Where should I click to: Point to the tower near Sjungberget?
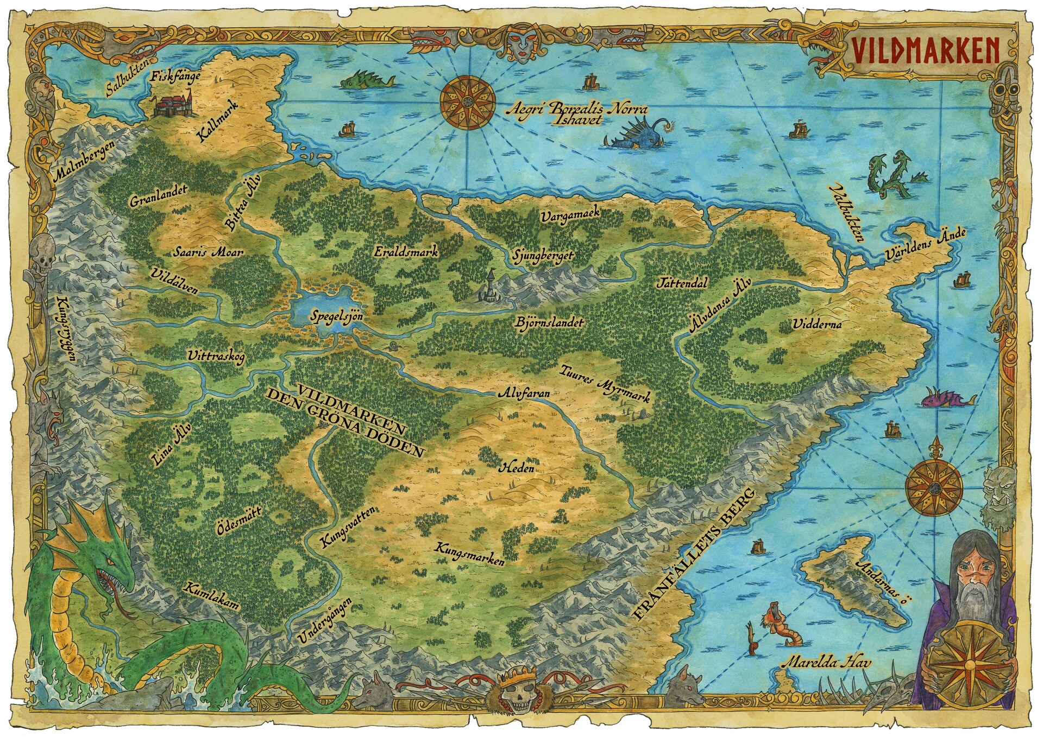click(490, 287)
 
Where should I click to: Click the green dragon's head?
click(109, 564)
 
